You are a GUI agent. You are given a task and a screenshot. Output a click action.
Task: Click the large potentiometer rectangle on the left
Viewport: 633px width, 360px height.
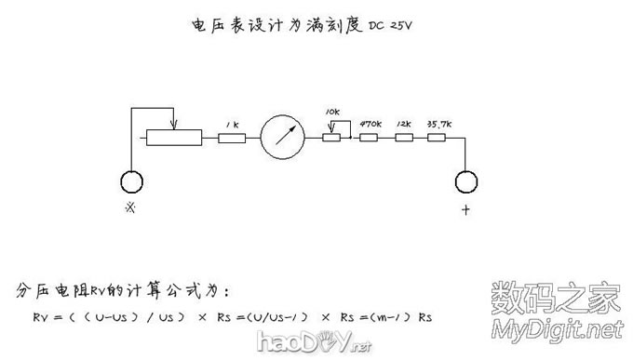coord(173,139)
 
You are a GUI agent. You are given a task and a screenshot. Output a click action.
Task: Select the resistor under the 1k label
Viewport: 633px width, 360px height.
coord(232,139)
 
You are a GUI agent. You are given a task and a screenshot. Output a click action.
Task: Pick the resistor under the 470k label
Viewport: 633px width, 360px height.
coord(370,138)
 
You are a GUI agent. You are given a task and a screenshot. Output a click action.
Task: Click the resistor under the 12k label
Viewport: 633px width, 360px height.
coord(403,138)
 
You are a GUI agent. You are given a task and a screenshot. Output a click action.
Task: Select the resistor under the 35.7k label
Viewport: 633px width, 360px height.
coord(438,138)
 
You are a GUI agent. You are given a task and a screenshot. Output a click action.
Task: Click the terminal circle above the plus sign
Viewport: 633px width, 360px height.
coord(465,181)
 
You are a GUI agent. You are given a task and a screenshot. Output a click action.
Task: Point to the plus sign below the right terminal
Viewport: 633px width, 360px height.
coord(465,210)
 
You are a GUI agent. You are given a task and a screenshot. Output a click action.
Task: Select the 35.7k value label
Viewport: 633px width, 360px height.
coord(439,122)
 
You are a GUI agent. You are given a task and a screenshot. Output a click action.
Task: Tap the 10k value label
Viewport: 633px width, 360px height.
coord(332,112)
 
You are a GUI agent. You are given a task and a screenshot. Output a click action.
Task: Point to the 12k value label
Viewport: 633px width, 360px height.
coord(403,122)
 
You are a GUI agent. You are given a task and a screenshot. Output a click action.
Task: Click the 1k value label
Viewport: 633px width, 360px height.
coord(233,123)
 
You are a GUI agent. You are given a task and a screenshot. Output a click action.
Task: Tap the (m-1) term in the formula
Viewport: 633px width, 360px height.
coord(391,317)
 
